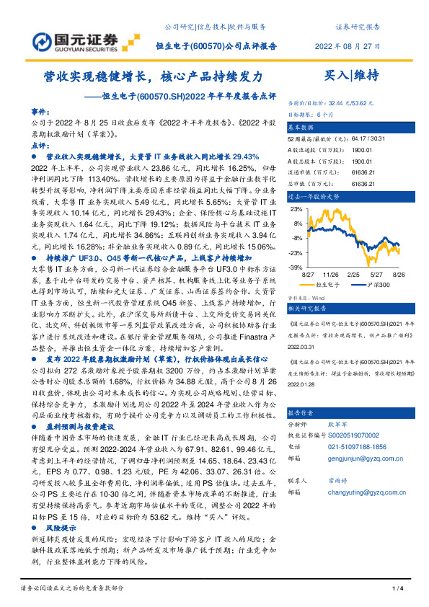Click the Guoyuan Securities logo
[70, 37]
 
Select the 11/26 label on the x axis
[331, 275]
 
